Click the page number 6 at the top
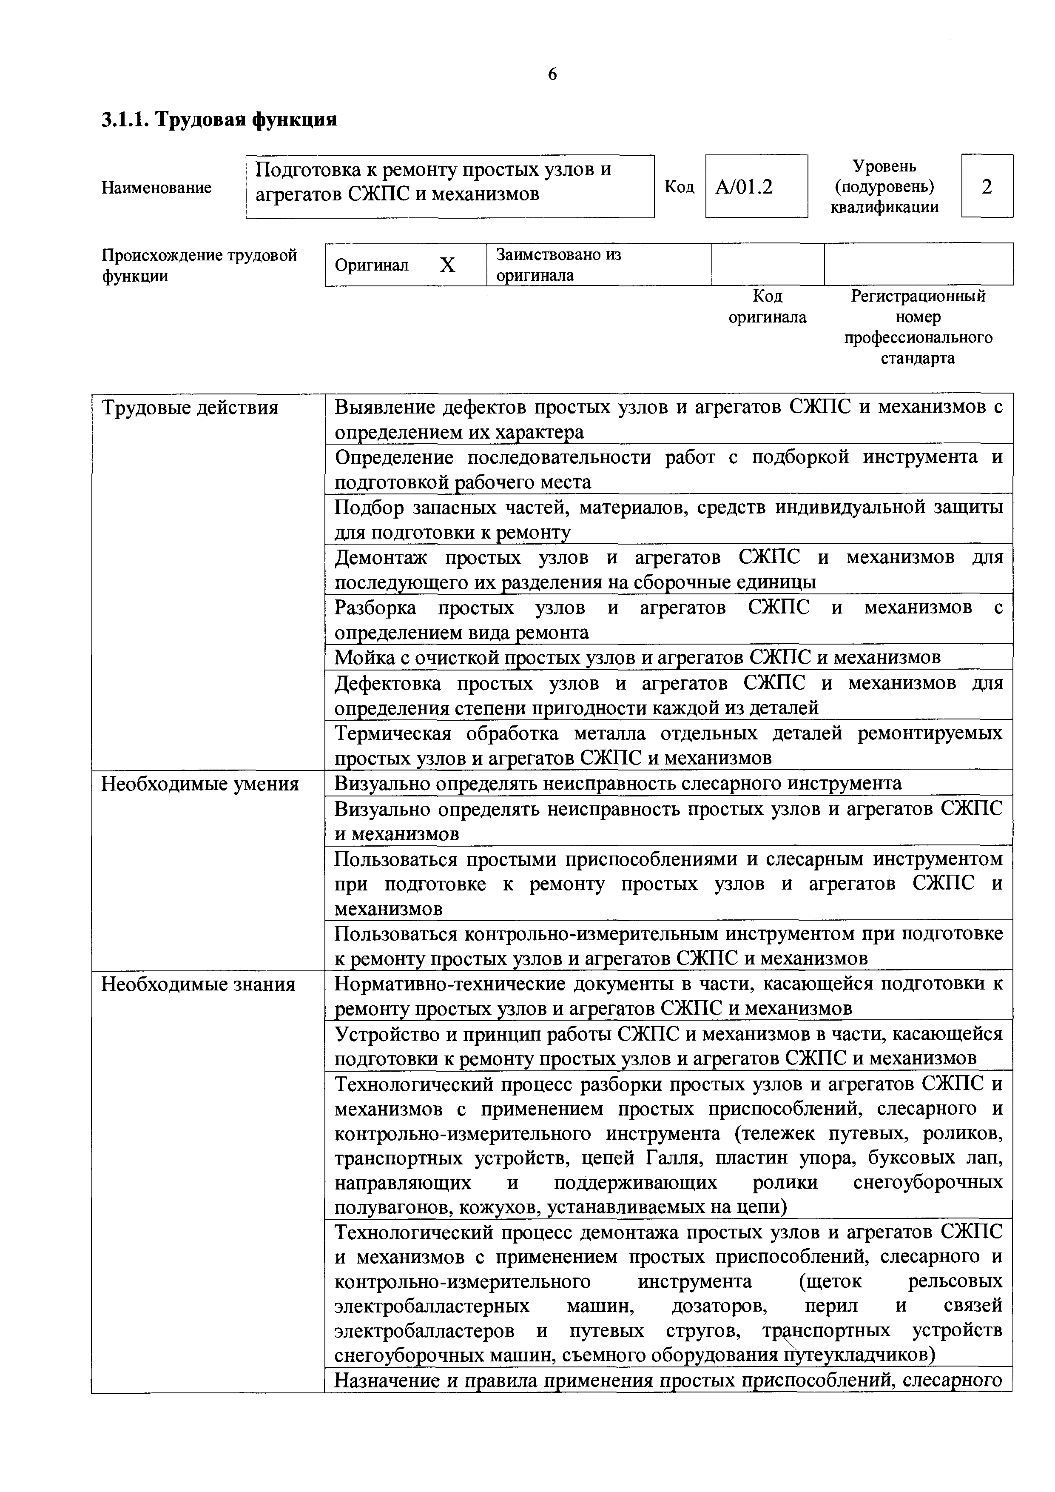coord(552,75)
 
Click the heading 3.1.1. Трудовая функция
coord(219,120)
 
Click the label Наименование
coord(156,188)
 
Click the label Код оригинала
coord(767,307)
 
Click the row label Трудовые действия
coord(190,408)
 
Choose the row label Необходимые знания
coord(198,984)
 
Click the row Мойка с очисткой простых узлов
coord(637,658)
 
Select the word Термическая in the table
coord(392,733)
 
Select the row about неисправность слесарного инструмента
coord(617,783)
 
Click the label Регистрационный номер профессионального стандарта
coord(918,327)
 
